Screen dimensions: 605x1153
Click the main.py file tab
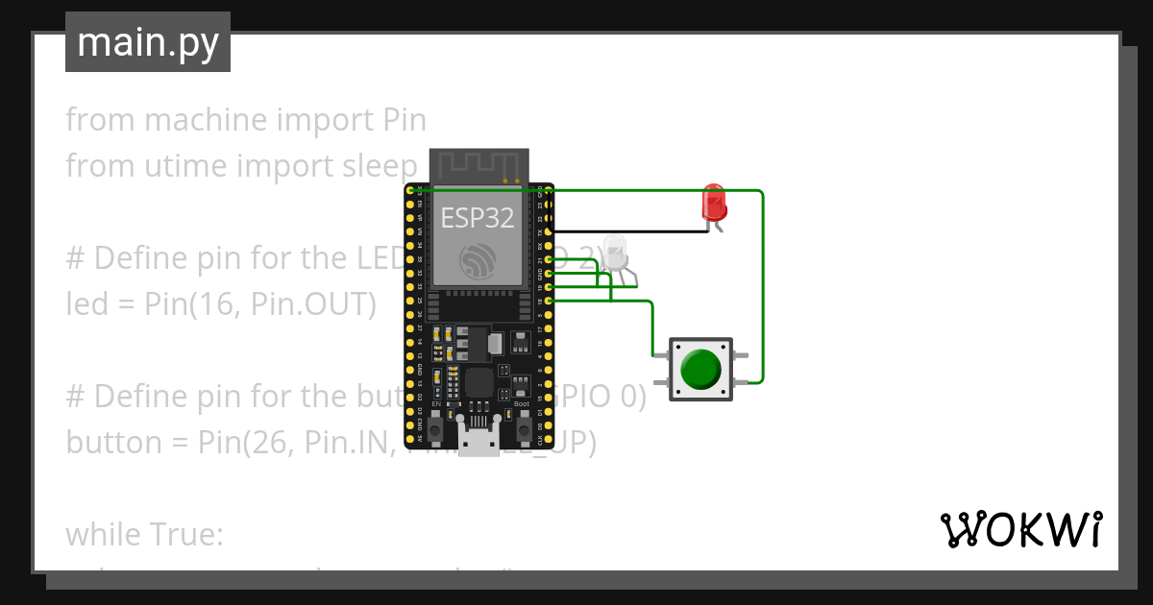[x=148, y=42]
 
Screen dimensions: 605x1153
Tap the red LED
[x=714, y=203]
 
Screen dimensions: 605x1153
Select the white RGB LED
[x=615, y=253]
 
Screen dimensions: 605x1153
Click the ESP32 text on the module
[x=478, y=218]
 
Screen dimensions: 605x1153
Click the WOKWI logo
[x=1020, y=530]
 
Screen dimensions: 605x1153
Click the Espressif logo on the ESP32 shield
[x=478, y=261]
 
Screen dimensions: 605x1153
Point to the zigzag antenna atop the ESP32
[x=478, y=165]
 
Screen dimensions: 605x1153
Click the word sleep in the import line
[x=380, y=165]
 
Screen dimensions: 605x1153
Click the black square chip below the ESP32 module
[x=478, y=383]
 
